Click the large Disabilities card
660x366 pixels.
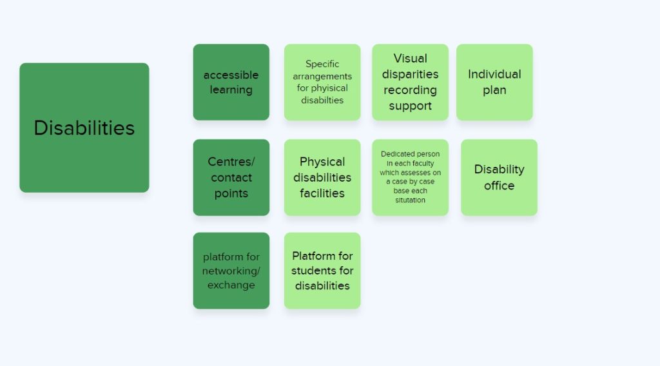84,128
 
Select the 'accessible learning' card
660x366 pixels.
231,82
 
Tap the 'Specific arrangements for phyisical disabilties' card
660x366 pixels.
322,82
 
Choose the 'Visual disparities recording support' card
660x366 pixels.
410,82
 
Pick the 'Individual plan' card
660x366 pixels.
494,82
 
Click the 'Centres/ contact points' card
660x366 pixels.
231,178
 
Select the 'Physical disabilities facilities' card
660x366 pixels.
322,178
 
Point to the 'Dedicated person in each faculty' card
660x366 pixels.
410,178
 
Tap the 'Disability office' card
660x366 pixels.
500,178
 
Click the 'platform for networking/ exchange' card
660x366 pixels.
231,271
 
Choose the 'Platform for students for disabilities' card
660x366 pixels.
322,271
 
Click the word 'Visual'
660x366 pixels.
411,58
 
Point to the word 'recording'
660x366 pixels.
410,90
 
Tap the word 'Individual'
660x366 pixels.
494,74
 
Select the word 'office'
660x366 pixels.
500,186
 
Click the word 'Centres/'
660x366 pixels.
231,162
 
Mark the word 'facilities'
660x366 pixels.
322,193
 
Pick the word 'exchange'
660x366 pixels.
231,285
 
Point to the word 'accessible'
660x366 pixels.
231,75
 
